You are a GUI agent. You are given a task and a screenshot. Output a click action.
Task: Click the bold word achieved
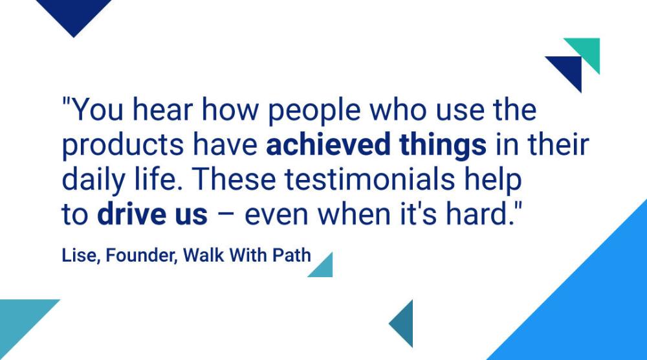(327, 144)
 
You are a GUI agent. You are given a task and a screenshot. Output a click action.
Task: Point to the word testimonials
(369, 179)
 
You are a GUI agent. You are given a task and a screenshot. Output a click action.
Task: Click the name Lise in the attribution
(80, 255)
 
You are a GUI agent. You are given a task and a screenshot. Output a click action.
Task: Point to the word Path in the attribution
(291, 254)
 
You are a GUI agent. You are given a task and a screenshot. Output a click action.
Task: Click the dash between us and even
(226, 216)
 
